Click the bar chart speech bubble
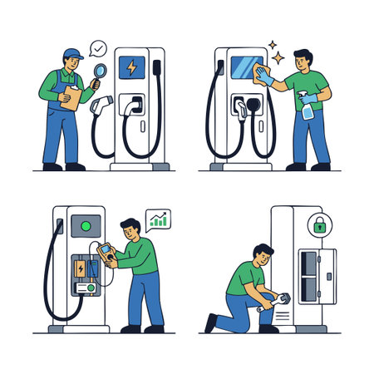pos(157,220)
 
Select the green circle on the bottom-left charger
pos(84,224)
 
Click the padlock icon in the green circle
pos(319,224)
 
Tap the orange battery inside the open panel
pos(80,269)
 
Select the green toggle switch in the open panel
pos(85,288)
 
